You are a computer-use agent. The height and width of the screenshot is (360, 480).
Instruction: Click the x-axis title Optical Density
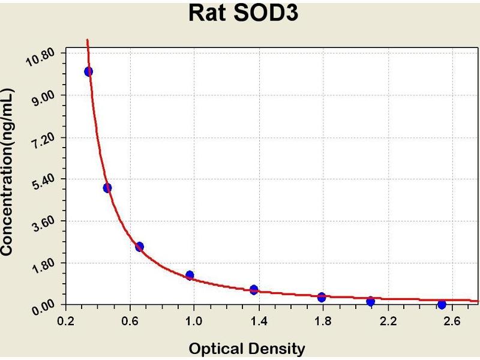247,348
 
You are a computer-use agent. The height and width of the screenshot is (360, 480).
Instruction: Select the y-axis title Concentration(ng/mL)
8,174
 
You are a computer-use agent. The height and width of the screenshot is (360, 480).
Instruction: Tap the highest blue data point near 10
89,71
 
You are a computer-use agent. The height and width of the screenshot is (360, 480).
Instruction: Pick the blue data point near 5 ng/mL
107,188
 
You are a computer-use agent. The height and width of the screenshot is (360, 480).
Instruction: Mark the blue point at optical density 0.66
139,247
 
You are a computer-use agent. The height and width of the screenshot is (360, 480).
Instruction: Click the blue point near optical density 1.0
190,275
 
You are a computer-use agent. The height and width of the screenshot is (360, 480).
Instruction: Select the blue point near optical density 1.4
254,290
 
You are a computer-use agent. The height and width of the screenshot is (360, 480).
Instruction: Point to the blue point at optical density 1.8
322,297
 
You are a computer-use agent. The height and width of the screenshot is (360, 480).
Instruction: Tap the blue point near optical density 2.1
370,302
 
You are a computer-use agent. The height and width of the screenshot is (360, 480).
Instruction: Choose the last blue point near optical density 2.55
442,305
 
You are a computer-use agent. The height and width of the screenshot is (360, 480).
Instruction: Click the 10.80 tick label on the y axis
43,56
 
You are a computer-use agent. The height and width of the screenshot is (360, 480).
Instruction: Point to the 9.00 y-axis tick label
44,98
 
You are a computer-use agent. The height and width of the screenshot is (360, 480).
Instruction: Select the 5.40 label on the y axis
44,182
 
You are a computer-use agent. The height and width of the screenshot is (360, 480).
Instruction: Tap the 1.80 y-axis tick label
44,266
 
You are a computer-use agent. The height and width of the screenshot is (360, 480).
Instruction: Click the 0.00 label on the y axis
44,308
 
